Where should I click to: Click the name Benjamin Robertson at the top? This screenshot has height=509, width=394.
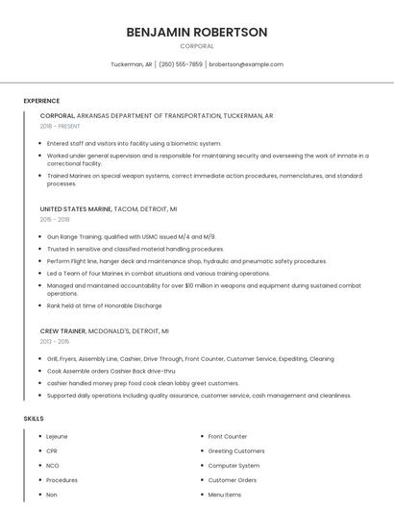click(197, 32)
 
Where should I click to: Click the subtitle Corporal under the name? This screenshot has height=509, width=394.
click(197, 46)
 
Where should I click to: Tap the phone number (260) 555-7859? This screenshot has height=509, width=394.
click(181, 64)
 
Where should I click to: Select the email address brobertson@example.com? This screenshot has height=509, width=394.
click(246, 64)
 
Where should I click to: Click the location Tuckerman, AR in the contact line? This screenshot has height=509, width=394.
click(132, 64)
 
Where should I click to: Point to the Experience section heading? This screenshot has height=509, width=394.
click(41, 101)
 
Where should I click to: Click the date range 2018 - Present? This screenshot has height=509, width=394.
click(60, 126)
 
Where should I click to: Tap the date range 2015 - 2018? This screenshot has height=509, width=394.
click(55, 219)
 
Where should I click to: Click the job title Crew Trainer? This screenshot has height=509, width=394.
click(62, 330)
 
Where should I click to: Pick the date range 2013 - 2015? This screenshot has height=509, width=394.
click(55, 341)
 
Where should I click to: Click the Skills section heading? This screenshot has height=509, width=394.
click(34, 419)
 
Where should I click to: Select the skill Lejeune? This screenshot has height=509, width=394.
click(57, 437)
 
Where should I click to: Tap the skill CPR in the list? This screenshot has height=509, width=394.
click(52, 451)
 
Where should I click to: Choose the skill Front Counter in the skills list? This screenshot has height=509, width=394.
click(228, 437)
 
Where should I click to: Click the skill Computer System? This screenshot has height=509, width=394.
click(234, 466)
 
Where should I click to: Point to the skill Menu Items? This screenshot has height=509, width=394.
click(225, 495)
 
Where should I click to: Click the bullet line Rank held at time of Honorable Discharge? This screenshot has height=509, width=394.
click(104, 305)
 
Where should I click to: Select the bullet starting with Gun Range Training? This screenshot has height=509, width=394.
click(131, 236)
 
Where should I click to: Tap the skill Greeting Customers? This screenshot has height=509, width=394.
click(236, 451)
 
